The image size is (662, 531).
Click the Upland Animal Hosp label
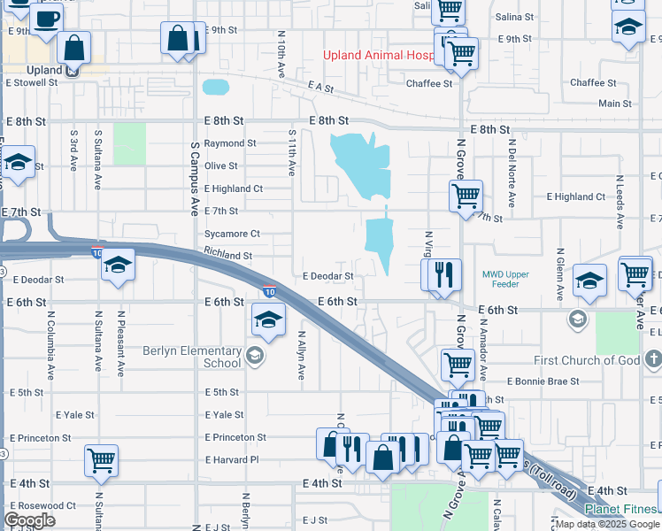[380, 55]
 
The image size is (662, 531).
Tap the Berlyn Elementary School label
[192, 357]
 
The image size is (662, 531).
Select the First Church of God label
[586, 360]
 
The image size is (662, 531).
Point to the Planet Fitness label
[622, 509]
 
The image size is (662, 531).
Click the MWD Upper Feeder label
[505, 280]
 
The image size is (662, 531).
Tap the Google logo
[30, 519]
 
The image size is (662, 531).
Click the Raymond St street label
[230, 142]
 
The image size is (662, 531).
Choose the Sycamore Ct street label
[232, 234]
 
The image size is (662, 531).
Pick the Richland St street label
[228, 255]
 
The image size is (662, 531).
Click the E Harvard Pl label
[231, 460]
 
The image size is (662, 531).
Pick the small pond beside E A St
[215, 88]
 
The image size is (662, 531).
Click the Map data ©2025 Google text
[607, 524]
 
